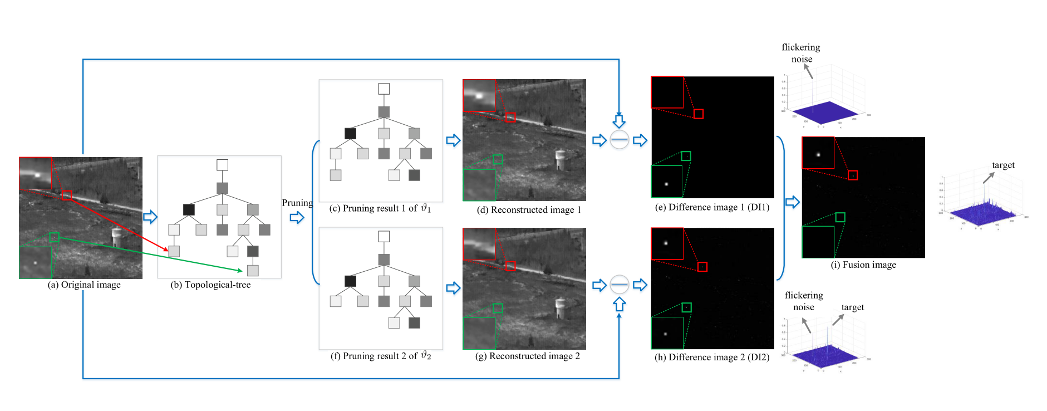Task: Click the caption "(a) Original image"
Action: [84, 285]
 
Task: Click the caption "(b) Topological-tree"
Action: [210, 285]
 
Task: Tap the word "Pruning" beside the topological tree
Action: [297, 203]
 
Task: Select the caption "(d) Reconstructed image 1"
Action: [529, 210]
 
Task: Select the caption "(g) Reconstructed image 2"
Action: [528, 356]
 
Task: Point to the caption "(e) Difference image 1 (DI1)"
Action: [712, 207]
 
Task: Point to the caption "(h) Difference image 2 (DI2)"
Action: [712, 357]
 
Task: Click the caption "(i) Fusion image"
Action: [863, 265]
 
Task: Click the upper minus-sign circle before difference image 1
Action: [620, 139]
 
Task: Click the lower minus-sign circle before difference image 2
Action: [620, 285]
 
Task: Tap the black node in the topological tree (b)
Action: [189, 209]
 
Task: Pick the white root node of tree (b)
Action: [222, 165]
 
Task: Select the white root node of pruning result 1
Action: [384, 89]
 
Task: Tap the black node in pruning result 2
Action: [350, 281]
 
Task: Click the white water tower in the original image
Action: [116, 236]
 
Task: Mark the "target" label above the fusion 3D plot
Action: [1003, 165]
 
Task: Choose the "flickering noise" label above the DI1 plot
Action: [801, 53]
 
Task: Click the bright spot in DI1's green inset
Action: [666, 184]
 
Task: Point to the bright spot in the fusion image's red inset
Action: [818, 154]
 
